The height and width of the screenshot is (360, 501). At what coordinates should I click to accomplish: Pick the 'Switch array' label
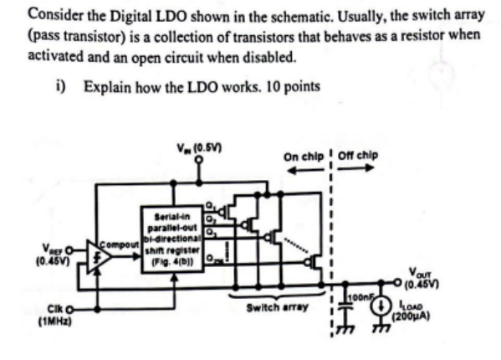[x=271, y=309]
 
